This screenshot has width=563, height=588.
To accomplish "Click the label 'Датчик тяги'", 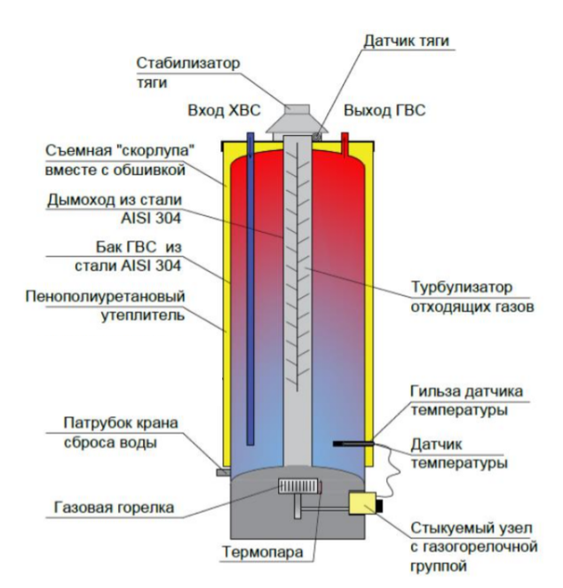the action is click(406, 41).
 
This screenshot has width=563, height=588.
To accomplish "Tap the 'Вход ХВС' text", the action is click(224, 111).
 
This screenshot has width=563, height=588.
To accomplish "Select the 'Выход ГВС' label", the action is click(385, 111).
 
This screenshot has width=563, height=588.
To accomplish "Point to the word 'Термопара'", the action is click(263, 552).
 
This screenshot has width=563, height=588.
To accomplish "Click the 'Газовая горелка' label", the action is click(115, 507).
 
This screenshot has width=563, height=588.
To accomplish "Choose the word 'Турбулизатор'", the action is click(462, 288).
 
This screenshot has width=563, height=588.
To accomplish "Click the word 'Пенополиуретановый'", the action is click(106, 297).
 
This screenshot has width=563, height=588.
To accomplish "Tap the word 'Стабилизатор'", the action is click(187, 63).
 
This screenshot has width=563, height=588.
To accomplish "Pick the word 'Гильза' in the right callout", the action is click(435, 392).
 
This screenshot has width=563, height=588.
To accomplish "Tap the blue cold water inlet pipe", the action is click(250, 289).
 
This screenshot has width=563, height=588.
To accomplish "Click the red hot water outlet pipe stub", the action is click(345, 144).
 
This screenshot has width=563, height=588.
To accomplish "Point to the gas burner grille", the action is click(298, 487).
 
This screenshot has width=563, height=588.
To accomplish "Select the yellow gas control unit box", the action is click(362, 504).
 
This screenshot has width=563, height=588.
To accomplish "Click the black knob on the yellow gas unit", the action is click(380, 505).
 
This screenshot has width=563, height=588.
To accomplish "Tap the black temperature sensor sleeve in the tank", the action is click(353, 443).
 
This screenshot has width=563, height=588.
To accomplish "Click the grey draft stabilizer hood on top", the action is click(297, 118).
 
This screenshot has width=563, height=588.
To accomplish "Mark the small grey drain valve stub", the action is click(224, 473).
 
